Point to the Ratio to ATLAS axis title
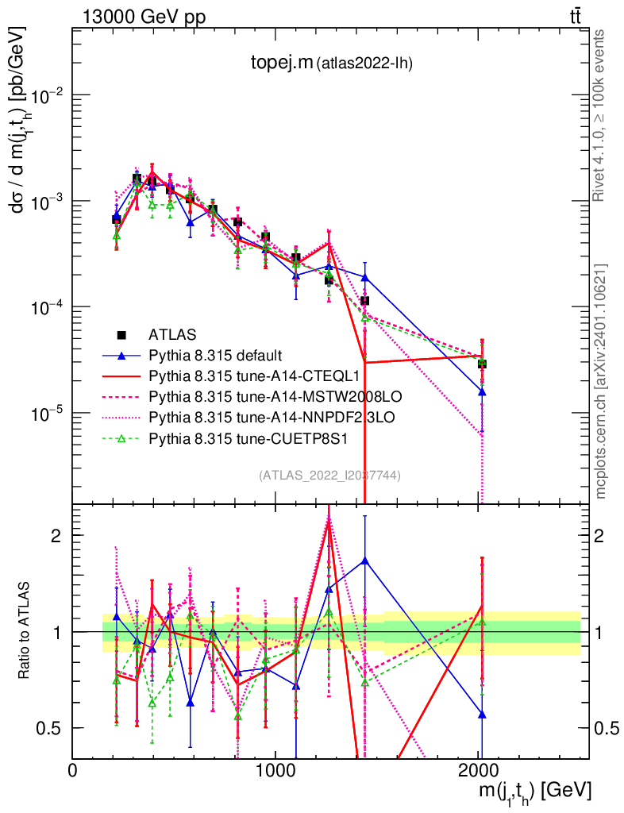(x=25, y=632)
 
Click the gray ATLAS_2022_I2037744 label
(x=329, y=476)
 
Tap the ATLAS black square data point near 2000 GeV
(x=482, y=364)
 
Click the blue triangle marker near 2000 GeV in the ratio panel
(x=482, y=715)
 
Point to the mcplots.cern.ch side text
(x=601, y=381)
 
